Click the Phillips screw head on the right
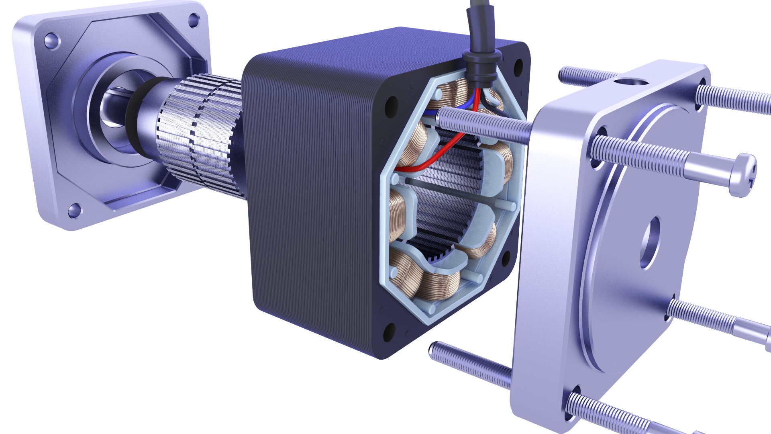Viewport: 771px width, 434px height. [745, 176]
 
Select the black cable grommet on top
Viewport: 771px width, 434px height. [481, 64]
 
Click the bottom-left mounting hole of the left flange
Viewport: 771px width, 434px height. [73, 210]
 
